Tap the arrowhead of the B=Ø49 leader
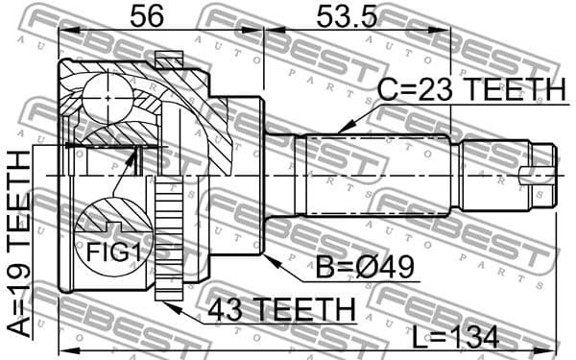pyautogui.click(x=266, y=255)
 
